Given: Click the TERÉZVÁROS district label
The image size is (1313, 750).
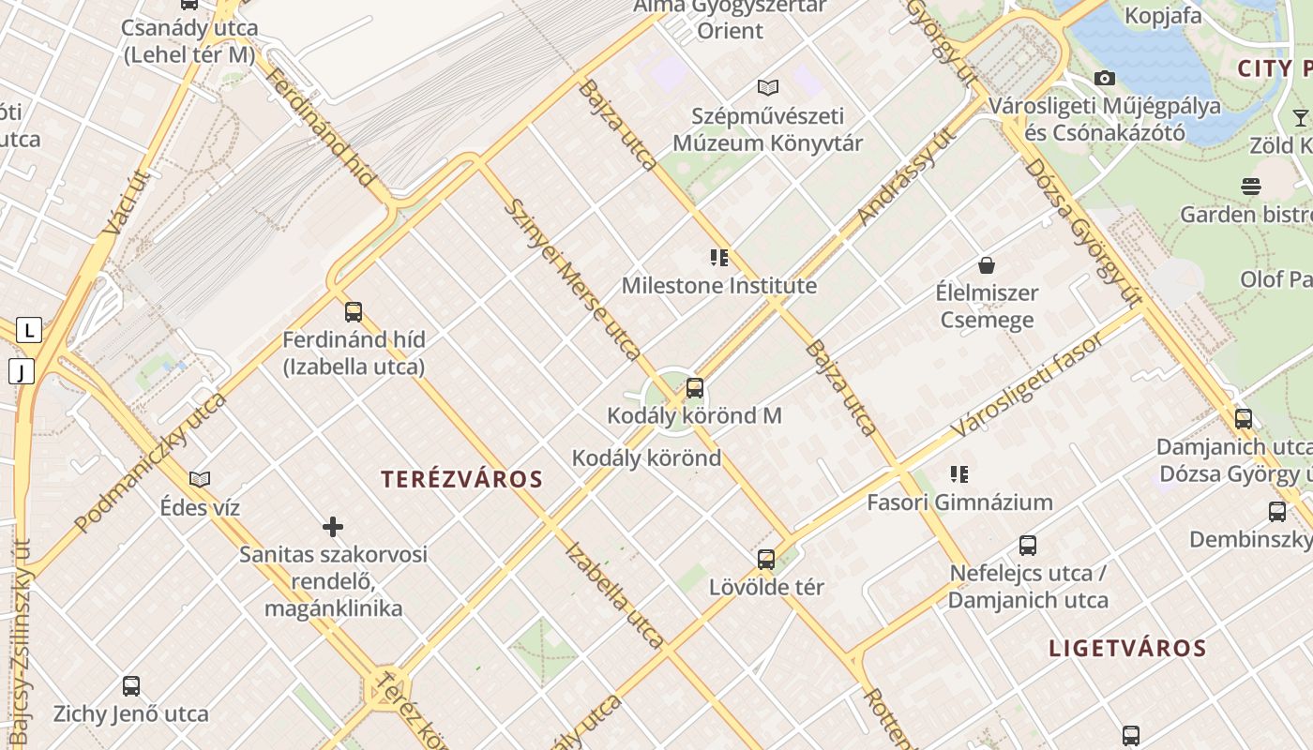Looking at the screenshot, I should (x=461, y=479).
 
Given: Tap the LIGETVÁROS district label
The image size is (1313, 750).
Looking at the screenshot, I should (x=1127, y=648).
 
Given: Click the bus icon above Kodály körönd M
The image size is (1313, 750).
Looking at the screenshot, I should (x=695, y=387).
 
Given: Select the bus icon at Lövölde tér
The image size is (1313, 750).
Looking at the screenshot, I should (x=766, y=560).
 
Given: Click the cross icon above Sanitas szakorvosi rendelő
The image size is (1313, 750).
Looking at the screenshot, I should (x=333, y=527).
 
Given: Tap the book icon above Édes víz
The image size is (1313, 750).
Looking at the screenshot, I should (x=200, y=480).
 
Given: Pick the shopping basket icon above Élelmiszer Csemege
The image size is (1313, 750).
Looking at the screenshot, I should (x=986, y=265).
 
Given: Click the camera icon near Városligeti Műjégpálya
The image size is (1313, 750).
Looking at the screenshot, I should (x=1105, y=78).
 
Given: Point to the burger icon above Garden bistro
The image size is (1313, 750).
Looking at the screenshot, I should (x=1251, y=186).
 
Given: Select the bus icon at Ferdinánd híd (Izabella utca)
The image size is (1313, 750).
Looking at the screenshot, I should (x=354, y=311).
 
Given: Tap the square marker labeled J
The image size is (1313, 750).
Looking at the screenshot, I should (x=21, y=372).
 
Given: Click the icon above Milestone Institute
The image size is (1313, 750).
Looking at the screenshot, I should (x=719, y=258).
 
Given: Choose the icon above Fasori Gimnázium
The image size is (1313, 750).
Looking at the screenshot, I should (x=958, y=474).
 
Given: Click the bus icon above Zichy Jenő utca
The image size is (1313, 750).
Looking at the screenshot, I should (x=131, y=686).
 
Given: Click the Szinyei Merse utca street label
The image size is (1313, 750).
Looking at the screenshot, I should (x=572, y=278).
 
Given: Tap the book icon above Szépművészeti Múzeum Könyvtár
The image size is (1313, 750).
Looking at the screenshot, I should (x=768, y=88).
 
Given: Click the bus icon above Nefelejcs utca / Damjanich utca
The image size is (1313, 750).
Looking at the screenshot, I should (x=1028, y=546).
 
